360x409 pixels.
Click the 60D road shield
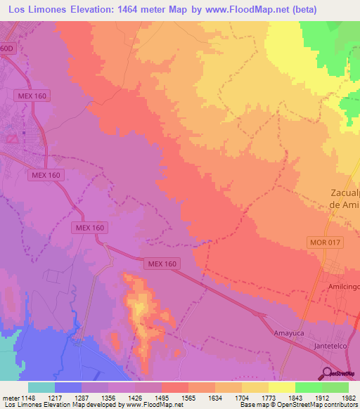tap(6, 48)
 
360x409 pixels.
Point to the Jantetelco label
tap(333, 346)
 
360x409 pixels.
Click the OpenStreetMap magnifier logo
tap(327, 372)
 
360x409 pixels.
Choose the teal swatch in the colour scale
tap(41, 387)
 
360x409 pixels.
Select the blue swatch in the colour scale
tap(68, 387)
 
